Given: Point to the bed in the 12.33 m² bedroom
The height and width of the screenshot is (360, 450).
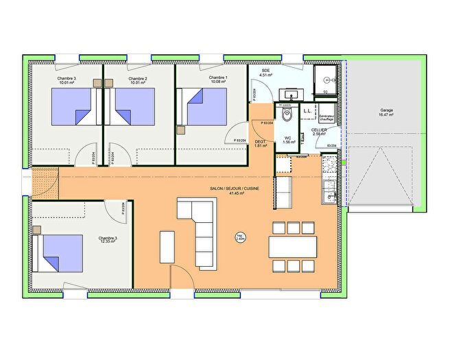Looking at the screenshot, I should coord(60,250).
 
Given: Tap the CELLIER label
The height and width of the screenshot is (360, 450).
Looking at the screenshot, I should coord(319,130).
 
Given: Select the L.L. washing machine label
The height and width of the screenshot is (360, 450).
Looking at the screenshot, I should coord(308,110).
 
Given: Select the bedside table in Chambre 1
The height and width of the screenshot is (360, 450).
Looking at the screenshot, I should coord(181,129).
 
